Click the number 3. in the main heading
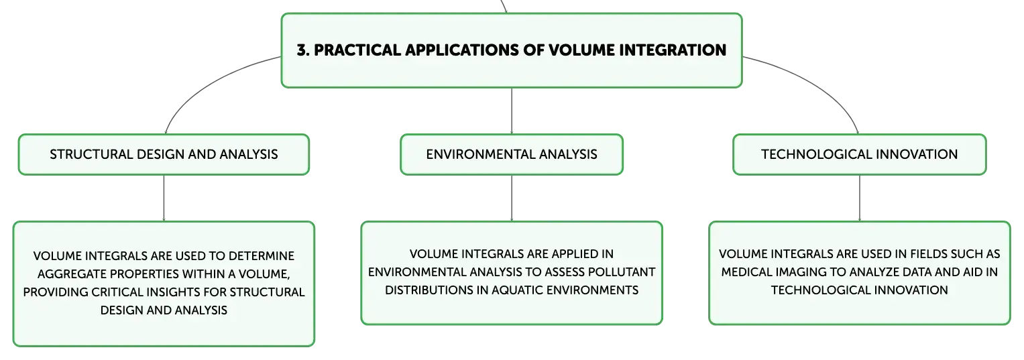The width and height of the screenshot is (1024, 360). tap(303, 50)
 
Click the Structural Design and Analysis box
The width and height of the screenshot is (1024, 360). tap(164, 154)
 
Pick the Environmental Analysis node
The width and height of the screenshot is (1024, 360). tap(512, 154)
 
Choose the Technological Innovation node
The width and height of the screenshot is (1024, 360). tap(860, 154)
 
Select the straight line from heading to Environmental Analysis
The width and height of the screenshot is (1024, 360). tap(512, 111)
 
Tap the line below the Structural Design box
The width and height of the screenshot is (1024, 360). tap(164, 198)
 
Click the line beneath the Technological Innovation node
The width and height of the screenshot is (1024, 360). tap(860, 198)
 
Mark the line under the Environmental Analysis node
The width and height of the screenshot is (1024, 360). tap(512, 198)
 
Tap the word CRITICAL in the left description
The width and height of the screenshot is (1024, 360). tap(123, 292)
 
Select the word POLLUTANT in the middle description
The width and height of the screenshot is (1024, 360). tap(621, 272)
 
